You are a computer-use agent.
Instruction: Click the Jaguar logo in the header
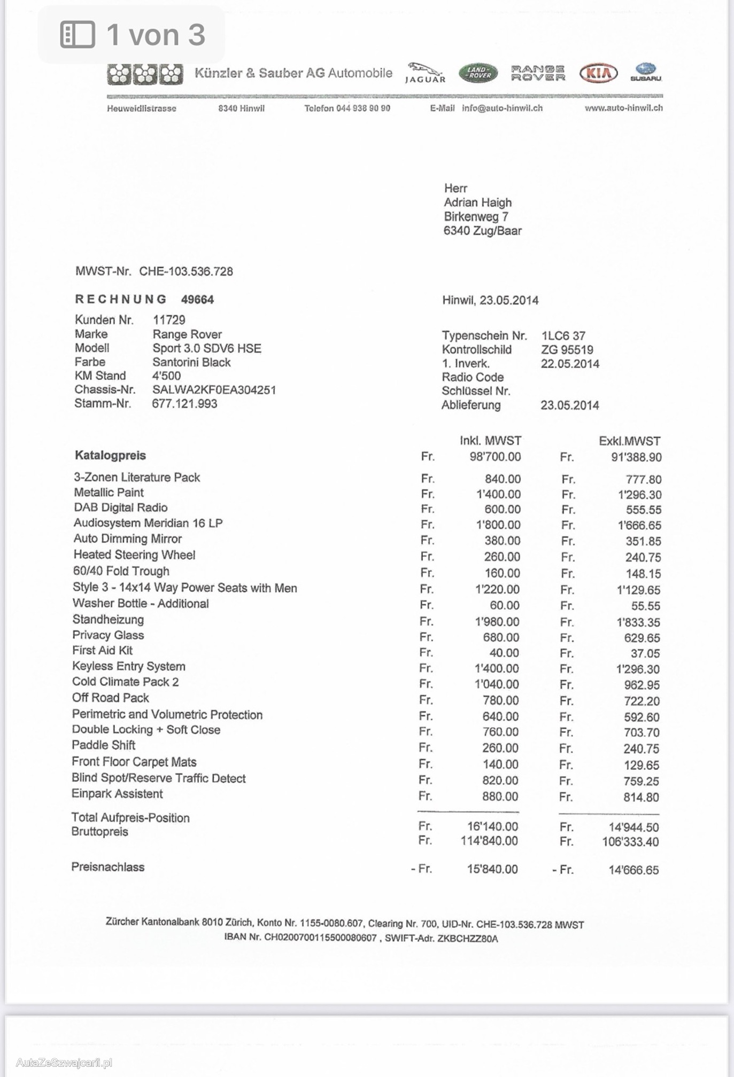click(x=425, y=73)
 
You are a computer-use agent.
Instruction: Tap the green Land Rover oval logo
click(x=477, y=73)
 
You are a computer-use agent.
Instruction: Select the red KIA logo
click(x=599, y=73)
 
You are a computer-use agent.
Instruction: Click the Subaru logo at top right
click(x=646, y=72)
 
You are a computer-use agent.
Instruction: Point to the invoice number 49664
click(x=197, y=300)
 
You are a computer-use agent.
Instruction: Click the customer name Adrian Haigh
click(x=477, y=202)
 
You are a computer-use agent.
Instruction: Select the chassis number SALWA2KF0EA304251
click(x=214, y=390)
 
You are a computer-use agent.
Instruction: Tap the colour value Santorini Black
click(x=191, y=362)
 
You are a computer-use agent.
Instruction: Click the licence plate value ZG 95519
click(x=567, y=350)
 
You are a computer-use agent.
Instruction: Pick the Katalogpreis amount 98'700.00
click(x=495, y=457)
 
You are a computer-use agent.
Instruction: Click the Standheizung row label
click(x=108, y=620)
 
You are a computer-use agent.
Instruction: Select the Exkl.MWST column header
click(x=629, y=441)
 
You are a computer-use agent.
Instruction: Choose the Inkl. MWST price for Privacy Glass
click(x=500, y=637)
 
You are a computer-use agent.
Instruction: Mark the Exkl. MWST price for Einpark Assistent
click(x=641, y=797)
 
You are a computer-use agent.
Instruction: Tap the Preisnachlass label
click(x=108, y=867)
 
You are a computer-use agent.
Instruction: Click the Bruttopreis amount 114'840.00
click(x=489, y=841)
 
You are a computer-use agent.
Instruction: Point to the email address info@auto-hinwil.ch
click(x=502, y=108)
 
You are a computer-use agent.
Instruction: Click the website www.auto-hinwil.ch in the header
click(x=623, y=108)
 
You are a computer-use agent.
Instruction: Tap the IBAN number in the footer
click(x=321, y=938)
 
